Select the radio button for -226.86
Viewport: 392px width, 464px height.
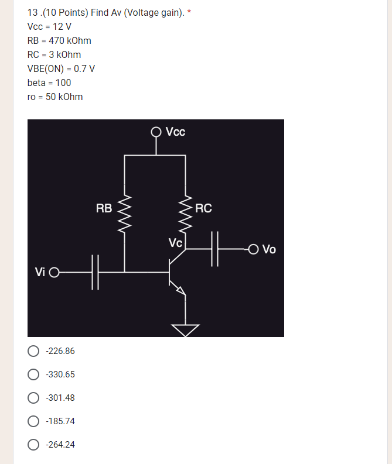[33, 351]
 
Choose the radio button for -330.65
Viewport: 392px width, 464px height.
[33, 374]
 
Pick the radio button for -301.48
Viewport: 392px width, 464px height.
[33, 398]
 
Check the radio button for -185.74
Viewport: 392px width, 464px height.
[33, 421]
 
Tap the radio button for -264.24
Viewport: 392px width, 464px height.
[33, 445]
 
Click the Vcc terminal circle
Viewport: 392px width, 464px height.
[156, 132]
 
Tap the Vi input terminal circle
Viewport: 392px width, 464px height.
[54, 272]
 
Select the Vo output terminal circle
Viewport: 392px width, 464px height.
[253, 249]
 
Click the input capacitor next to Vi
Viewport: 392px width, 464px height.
[96, 272]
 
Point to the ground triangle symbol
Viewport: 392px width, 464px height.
[186, 331]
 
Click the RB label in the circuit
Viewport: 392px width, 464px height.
[104, 208]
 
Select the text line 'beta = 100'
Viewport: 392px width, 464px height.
[49, 83]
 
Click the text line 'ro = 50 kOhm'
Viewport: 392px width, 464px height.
[55, 97]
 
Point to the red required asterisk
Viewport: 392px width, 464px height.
[189, 12]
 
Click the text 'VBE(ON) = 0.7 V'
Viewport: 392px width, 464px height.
[61, 68]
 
